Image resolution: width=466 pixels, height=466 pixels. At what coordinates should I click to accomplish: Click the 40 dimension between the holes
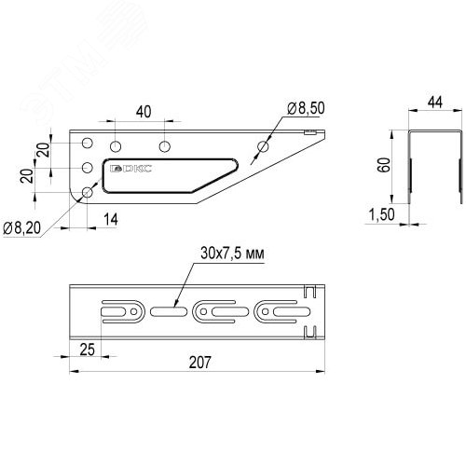click(142, 112)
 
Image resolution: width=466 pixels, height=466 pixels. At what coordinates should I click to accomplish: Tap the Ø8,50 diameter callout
click(306, 110)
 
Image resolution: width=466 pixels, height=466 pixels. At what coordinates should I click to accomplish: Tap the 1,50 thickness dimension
click(380, 216)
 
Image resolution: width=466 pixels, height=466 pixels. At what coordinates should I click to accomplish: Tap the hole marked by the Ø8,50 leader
click(263, 147)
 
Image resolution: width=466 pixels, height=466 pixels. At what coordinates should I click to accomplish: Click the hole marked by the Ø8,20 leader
click(88, 191)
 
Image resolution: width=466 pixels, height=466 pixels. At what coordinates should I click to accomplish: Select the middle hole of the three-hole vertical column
click(88, 169)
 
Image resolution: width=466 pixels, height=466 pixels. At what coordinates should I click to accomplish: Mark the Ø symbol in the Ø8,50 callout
click(292, 110)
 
